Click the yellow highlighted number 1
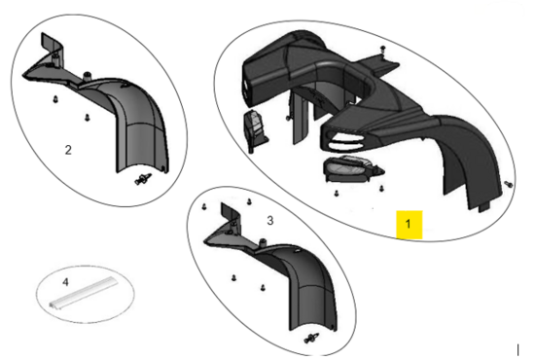409,224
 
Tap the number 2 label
68,150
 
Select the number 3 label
269,221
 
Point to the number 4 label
65,282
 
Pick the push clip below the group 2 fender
143,179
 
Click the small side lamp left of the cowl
255,130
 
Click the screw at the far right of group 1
509,184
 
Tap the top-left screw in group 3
204,206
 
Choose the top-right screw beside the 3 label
249,201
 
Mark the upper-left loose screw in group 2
55,99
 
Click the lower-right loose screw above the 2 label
87,118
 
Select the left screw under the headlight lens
337,194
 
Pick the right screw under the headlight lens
381,188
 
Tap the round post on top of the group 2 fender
88,75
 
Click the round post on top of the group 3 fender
263,242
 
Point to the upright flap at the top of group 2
52,46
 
